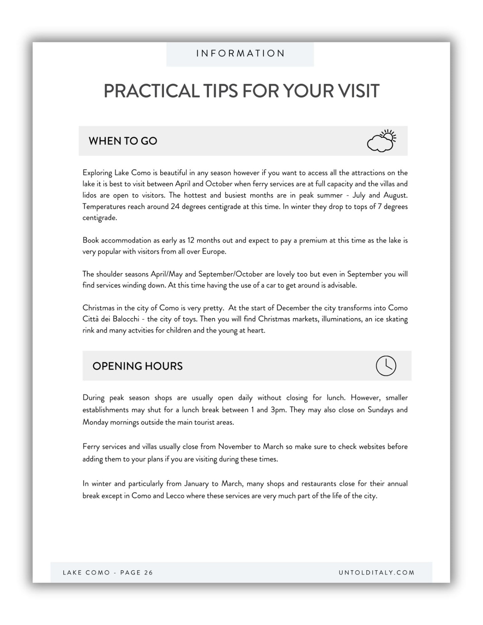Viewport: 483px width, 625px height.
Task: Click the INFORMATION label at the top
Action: (x=240, y=53)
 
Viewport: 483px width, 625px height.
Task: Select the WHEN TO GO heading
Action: (x=123, y=141)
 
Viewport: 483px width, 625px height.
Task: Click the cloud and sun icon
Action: (x=381, y=141)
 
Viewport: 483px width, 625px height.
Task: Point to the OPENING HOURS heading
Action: (x=137, y=366)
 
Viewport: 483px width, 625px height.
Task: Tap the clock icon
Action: (x=386, y=366)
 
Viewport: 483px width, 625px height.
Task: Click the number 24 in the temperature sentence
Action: (x=175, y=207)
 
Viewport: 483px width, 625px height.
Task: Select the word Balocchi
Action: (x=126, y=319)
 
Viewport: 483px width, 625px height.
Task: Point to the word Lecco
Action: (x=175, y=496)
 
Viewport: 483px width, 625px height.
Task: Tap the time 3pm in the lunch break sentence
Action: (x=278, y=410)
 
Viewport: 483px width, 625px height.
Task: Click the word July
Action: (x=359, y=195)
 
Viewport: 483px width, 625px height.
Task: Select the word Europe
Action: (x=214, y=252)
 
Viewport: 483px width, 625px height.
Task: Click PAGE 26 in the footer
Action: (x=136, y=573)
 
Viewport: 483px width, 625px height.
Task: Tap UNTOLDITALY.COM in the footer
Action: (x=376, y=573)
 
